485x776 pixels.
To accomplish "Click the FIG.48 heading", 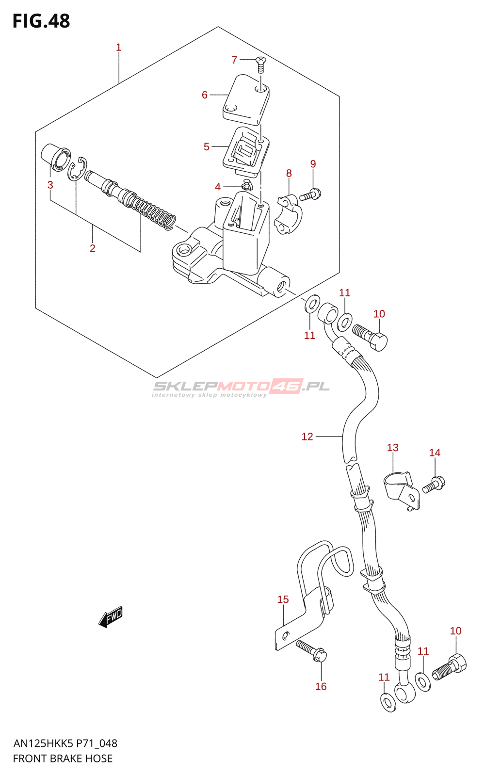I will coord(41,21).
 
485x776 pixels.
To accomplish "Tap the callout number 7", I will coord(234,60).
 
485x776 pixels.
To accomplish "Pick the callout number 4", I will coord(218,187).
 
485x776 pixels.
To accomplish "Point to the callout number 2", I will coord(93,248).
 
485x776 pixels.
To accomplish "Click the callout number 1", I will coord(118,48).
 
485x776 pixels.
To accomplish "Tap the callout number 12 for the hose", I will coord(307,436).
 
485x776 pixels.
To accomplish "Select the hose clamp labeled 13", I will coord(401,489).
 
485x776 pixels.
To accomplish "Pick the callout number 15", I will coord(283,599).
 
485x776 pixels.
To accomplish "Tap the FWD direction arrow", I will coord(111,617).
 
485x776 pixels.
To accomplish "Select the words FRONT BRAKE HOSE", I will coord(63,759).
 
